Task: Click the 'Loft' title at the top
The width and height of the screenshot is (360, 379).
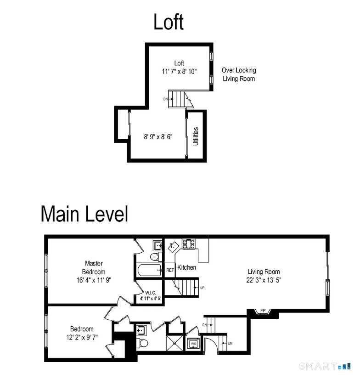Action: (x=169, y=22)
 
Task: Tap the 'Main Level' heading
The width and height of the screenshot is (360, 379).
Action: (x=84, y=214)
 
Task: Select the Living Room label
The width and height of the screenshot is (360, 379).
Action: (x=264, y=272)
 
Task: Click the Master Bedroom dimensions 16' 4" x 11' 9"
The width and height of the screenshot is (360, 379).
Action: (x=94, y=280)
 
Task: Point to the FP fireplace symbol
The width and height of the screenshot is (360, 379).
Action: (x=263, y=311)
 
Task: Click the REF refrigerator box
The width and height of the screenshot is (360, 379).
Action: (x=170, y=270)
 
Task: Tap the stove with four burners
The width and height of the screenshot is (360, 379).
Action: (x=188, y=243)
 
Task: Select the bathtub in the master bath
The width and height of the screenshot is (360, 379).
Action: (x=149, y=270)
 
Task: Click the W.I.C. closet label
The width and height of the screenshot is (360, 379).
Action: (x=151, y=293)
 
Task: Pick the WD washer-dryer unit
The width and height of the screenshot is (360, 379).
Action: (x=193, y=343)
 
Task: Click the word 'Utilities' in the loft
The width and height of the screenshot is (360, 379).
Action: (x=196, y=136)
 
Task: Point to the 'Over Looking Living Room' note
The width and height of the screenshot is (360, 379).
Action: (x=239, y=74)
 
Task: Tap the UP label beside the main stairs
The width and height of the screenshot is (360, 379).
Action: (x=202, y=288)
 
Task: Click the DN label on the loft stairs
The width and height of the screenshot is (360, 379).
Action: (x=165, y=99)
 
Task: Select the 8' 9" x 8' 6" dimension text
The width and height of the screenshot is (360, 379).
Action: (x=158, y=137)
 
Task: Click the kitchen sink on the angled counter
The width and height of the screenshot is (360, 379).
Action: (x=173, y=247)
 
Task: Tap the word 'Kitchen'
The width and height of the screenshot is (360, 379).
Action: (x=186, y=267)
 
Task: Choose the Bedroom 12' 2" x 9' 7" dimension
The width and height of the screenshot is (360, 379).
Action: (x=82, y=337)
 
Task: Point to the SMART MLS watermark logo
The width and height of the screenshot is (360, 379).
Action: (x=325, y=366)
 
